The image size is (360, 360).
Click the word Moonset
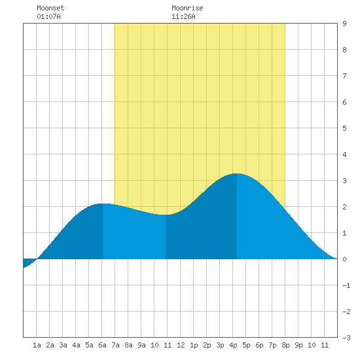click(x=50, y=8)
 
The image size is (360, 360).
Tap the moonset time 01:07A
click(x=48, y=16)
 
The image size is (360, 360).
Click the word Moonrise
click(x=187, y=8)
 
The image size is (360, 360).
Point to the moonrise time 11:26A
click(x=183, y=16)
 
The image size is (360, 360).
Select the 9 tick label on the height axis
click(x=344, y=24)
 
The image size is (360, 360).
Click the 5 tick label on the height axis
click(x=344, y=128)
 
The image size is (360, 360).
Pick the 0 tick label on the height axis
click(x=344, y=259)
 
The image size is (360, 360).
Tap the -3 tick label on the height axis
click(x=346, y=338)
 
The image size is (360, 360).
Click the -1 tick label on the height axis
click(x=346, y=285)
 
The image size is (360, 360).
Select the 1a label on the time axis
click(x=37, y=345)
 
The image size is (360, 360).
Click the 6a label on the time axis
click(x=102, y=345)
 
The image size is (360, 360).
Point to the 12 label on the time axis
click(x=181, y=345)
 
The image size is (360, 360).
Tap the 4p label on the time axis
click(x=233, y=345)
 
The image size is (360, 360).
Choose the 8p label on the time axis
click(x=285, y=345)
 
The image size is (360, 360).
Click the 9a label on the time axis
click(x=141, y=345)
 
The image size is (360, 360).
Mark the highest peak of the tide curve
click(x=237, y=173)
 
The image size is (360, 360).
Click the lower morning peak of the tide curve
click(x=102, y=204)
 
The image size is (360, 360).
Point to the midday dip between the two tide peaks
click(x=166, y=215)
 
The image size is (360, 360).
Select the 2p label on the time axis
click(x=207, y=345)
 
